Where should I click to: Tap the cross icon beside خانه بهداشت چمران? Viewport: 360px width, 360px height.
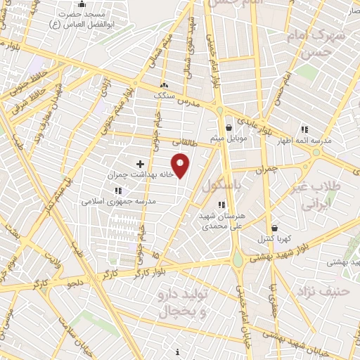tap(140, 163)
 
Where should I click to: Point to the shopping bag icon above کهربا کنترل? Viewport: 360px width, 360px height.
tap(274, 228)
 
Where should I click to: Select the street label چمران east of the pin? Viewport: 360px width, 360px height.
tap(269, 169)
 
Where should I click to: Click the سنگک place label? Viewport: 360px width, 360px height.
tap(163, 94)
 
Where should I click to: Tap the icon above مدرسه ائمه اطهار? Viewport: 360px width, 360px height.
tap(304, 129)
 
